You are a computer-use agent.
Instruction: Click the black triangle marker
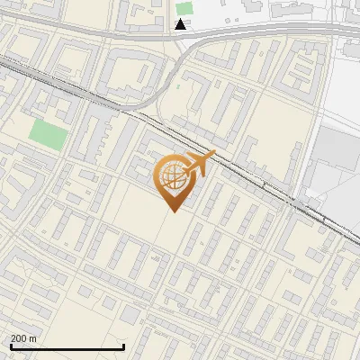(181, 24)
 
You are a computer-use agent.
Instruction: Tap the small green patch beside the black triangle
(184, 8)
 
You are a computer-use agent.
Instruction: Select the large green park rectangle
(49, 134)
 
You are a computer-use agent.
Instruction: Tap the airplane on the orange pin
(199, 165)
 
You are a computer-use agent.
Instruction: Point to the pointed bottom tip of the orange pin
(172, 211)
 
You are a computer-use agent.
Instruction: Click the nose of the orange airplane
(213, 154)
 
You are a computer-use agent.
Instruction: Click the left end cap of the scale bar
(11, 346)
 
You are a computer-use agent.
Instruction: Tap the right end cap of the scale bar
(123, 346)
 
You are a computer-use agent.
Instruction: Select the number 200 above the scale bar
(19, 338)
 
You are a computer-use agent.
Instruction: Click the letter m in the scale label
(32, 338)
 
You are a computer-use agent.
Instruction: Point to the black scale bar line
(67, 347)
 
